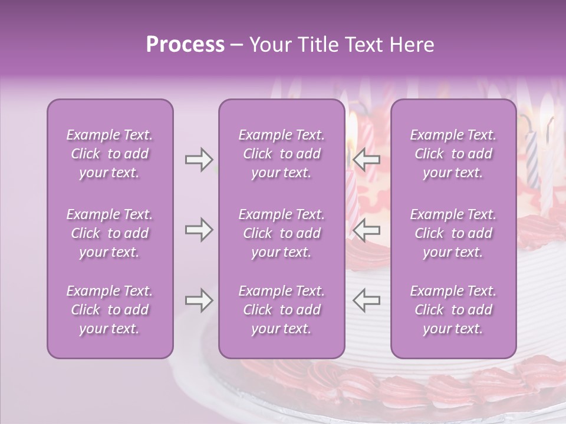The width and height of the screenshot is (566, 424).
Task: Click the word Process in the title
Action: pos(185,45)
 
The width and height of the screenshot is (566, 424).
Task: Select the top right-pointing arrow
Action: pos(199,160)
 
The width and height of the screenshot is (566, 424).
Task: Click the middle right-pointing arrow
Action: pos(199,230)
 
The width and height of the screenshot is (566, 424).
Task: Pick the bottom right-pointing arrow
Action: pos(199,300)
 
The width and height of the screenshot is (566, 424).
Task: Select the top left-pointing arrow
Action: pos(366,160)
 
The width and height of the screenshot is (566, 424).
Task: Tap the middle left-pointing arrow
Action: pos(366,230)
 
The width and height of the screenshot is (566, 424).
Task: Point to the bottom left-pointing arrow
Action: pos(366,300)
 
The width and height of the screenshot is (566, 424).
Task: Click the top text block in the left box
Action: pos(110,154)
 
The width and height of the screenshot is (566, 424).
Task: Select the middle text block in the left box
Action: pos(110,233)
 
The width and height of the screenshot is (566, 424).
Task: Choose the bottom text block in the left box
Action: pos(110,310)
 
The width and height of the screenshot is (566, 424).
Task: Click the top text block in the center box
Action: pos(281,154)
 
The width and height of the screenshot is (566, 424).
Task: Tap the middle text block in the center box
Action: pos(281,233)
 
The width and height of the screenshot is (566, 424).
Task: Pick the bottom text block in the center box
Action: pos(281,310)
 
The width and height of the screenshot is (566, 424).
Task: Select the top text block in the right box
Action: pos(453,154)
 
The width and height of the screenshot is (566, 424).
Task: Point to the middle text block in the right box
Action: pos(453,233)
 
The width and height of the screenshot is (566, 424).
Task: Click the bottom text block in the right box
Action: pos(453,310)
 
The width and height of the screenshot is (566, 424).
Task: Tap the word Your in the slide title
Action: pos(268,45)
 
